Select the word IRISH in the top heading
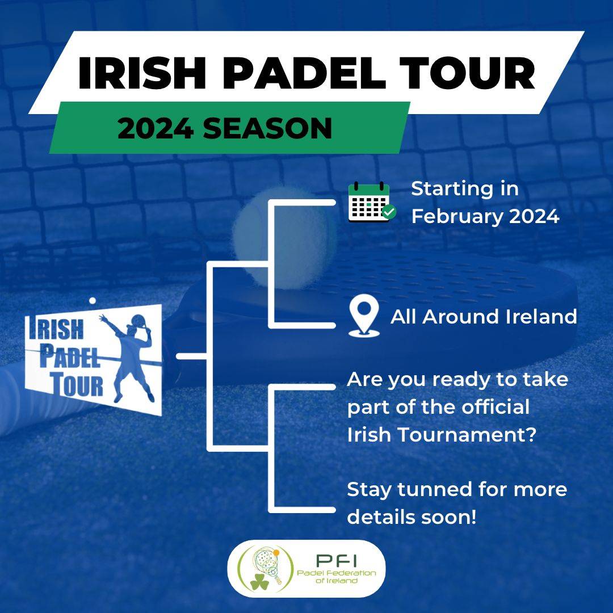coord(142,73)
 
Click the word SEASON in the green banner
coord(267,128)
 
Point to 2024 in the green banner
coord(156,128)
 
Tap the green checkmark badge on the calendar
coord(389,212)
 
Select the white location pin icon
coord(364,316)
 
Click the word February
coord(456,217)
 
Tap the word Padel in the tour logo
coord(70,356)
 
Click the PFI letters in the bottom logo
coord(336,561)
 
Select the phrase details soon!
coord(412,517)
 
